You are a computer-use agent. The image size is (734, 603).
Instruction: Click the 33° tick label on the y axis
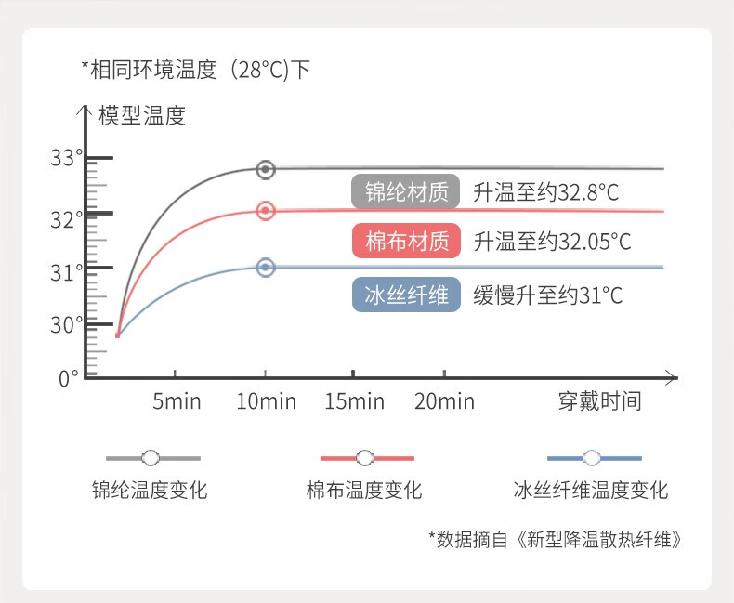tap(67, 158)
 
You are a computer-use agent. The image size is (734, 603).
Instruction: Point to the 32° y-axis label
tap(67, 219)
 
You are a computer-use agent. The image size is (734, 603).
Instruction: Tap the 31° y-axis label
tap(67, 272)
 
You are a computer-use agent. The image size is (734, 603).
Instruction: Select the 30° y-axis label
tap(67, 325)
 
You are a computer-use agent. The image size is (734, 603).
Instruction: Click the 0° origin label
tap(69, 379)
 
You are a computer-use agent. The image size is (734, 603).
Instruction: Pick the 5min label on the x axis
tap(177, 401)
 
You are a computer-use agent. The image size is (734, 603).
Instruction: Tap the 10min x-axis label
tap(266, 401)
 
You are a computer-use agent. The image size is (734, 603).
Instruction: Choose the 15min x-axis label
tap(354, 401)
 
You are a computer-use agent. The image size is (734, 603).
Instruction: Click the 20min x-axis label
tap(444, 401)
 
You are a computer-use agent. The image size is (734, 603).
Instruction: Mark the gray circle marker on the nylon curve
tap(266, 169)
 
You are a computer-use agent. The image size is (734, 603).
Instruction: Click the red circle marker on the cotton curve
tap(266, 211)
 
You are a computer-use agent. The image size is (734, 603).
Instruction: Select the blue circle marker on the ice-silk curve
tap(266, 268)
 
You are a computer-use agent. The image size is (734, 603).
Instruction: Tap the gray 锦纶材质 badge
tap(406, 191)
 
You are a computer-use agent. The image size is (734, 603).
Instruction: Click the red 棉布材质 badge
tap(406, 241)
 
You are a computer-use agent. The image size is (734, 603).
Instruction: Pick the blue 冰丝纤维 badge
tap(406, 295)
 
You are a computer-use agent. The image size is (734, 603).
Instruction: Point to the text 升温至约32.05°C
tap(553, 242)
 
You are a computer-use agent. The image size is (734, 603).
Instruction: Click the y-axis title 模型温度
tap(142, 115)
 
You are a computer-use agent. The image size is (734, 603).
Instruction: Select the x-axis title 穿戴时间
tap(599, 401)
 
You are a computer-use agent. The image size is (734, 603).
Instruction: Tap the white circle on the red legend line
tap(364, 458)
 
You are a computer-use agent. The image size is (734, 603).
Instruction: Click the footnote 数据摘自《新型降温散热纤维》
tap(556, 540)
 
